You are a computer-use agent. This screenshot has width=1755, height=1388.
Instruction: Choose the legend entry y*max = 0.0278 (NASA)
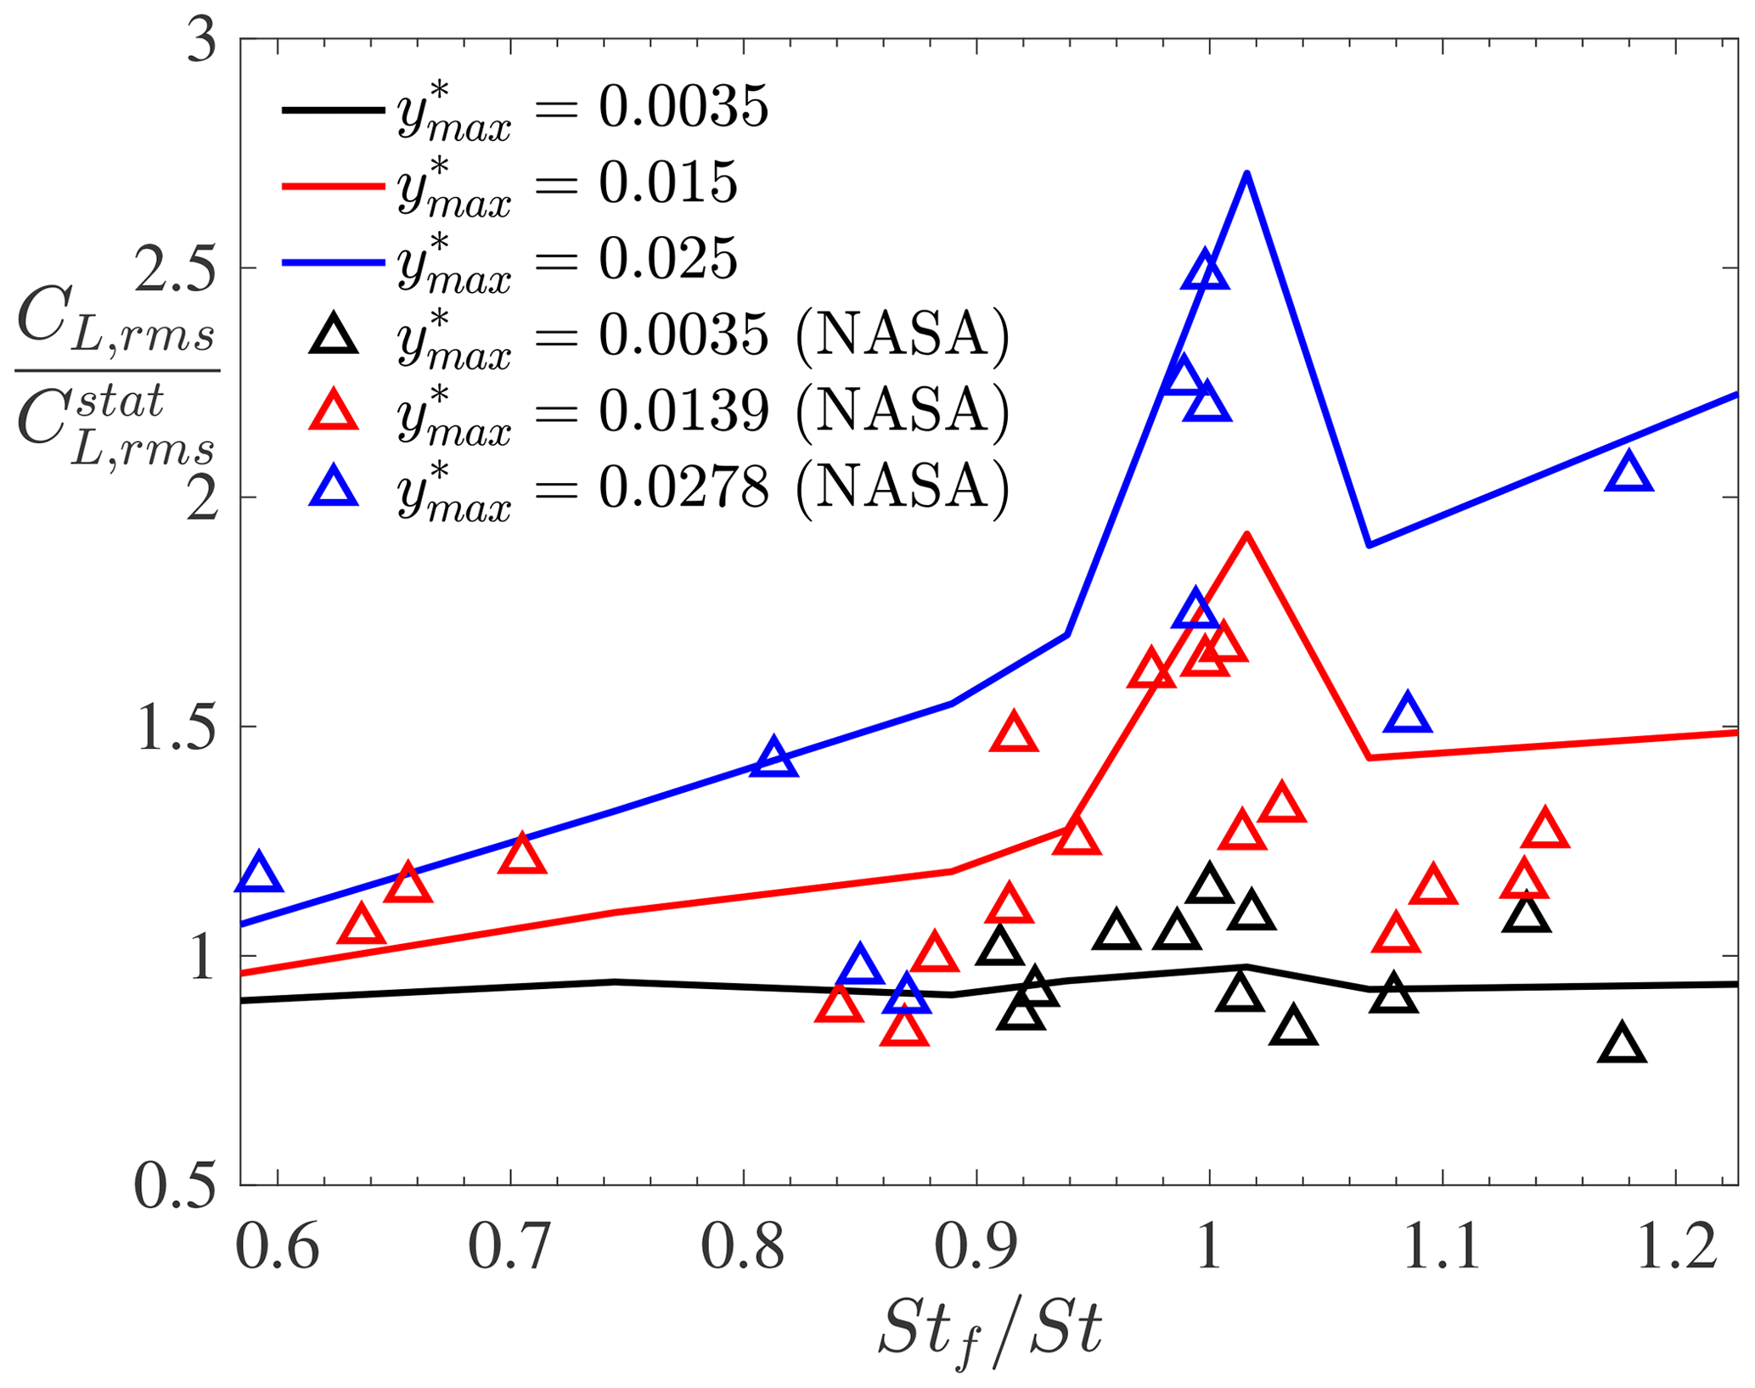tap(659, 487)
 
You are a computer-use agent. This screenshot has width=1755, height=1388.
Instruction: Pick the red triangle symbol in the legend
tap(334, 411)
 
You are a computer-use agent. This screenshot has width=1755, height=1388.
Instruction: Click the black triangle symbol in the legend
tap(334, 334)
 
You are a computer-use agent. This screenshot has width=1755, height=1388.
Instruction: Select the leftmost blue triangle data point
tap(260, 874)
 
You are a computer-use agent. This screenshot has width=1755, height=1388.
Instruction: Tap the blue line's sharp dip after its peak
tap(1369, 544)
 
